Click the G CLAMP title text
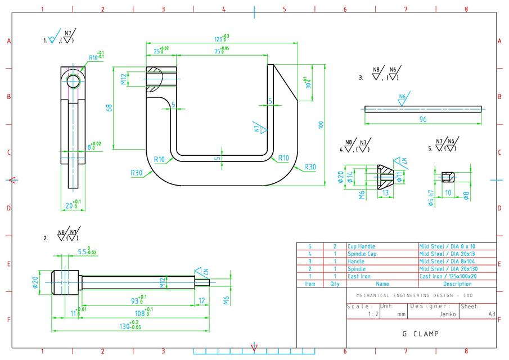coord(420,334)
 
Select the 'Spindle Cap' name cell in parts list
coord(361,254)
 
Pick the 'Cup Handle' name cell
coord(361,246)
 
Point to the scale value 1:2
coord(357,315)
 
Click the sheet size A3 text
coord(492,315)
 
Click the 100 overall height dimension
coord(321,125)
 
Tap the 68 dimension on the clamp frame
coord(110,107)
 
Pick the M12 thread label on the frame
coord(124,79)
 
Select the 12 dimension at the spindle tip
coord(203,300)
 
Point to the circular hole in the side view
coord(73,82)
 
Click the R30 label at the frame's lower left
coord(137,173)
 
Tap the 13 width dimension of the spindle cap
coord(386,193)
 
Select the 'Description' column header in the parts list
coord(457,284)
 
